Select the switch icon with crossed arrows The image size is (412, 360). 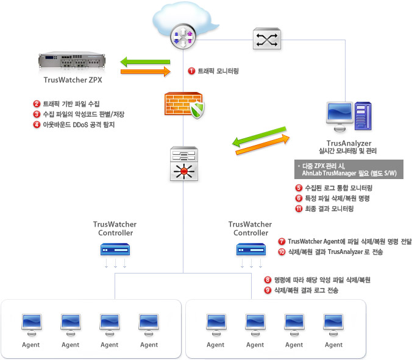pos(266,40)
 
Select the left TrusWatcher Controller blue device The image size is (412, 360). pos(115,249)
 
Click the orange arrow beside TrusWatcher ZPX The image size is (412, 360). pos(145,72)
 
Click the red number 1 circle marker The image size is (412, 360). pos(191,71)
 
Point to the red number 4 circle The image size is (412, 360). pos(37,124)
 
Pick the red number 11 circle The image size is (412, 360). pos(298,209)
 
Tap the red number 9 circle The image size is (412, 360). pos(268,291)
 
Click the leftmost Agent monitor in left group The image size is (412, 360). pos(32,323)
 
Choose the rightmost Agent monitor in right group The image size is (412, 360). pos(333,323)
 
